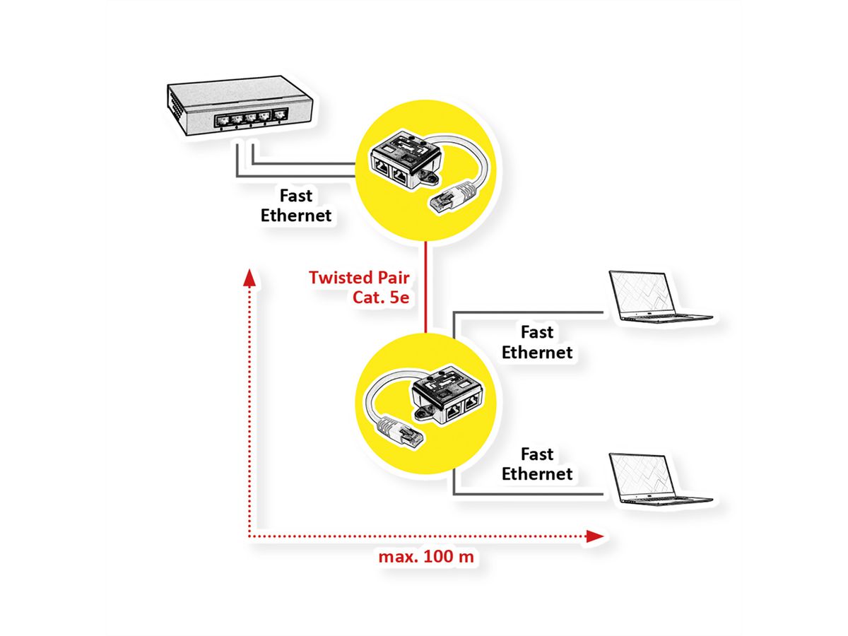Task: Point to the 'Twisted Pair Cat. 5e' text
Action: pos(359,286)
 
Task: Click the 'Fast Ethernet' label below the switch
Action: pos(296,206)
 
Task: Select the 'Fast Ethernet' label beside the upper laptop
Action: pos(537,341)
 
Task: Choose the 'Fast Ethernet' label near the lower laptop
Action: pos(537,464)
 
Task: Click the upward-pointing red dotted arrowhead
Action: pos(248,276)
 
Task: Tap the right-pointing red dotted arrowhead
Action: pos(595,537)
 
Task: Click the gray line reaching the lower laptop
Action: pos(530,493)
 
